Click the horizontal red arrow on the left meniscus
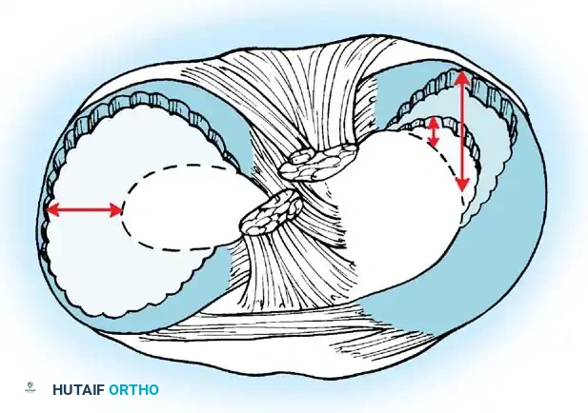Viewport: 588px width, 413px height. pos(84,209)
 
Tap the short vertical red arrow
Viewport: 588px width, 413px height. pos(435,131)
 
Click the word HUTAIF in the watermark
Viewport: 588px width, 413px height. pos(76,390)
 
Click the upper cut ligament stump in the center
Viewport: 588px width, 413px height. pos(317,162)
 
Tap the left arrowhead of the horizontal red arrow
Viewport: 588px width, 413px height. pos(50,209)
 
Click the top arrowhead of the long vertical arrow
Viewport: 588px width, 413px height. pos(461,76)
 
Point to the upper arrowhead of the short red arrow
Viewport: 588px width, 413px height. pos(435,119)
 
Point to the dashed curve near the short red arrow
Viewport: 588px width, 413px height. pos(419,133)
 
